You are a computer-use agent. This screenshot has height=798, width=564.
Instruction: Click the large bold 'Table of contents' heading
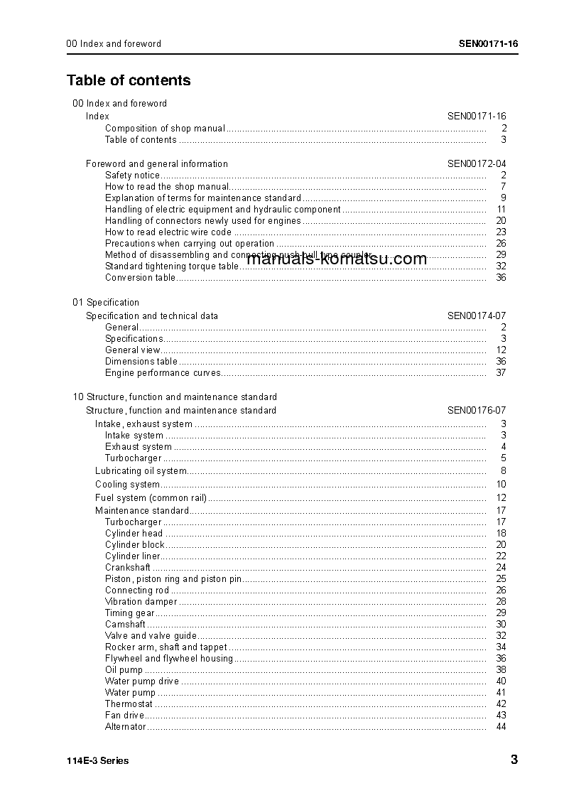(x=129, y=80)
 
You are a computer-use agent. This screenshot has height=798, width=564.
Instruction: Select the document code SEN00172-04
(x=477, y=163)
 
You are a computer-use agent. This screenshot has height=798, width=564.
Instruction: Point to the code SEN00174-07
(x=477, y=316)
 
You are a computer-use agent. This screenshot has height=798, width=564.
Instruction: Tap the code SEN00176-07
(x=477, y=410)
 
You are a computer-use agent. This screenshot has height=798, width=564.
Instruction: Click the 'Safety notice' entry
(x=132, y=175)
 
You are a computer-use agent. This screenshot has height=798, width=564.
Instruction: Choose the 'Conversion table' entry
(x=140, y=277)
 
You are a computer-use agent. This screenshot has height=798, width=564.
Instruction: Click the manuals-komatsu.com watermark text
(x=337, y=259)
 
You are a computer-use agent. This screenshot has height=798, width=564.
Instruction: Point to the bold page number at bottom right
(x=514, y=760)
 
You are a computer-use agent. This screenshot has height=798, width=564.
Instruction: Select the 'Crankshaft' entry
(x=128, y=567)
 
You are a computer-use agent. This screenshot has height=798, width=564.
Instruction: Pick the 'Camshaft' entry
(x=125, y=624)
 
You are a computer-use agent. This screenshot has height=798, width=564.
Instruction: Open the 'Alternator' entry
(x=126, y=726)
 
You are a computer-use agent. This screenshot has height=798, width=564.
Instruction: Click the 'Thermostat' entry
(x=129, y=703)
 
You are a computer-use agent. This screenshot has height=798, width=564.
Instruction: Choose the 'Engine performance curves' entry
(x=163, y=372)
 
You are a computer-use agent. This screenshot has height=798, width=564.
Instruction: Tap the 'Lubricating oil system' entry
(x=141, y=470)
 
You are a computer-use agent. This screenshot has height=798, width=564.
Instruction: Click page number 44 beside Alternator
(x=501, y=726)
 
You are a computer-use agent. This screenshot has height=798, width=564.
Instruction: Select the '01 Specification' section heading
(x=106, y=302)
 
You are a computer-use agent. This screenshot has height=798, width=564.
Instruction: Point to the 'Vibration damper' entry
(x=141, y=601)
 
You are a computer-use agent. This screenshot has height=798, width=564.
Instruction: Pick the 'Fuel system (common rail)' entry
(x=151, y=497)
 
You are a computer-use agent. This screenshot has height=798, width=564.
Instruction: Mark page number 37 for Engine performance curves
(x=501, y=372)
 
